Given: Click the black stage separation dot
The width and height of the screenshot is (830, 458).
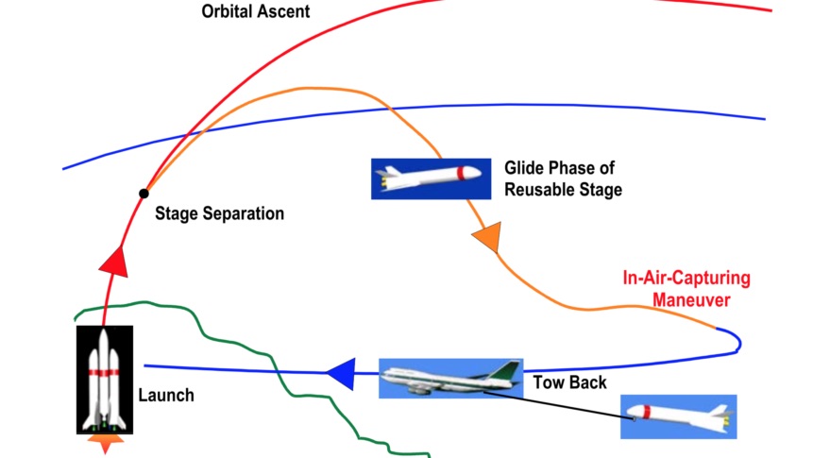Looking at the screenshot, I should [144, 194].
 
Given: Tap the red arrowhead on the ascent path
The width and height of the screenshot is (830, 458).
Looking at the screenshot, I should [114, 260].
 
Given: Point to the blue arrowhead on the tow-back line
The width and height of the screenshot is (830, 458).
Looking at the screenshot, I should [341, 375].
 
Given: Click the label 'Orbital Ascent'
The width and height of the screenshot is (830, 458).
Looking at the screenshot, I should [255, 12].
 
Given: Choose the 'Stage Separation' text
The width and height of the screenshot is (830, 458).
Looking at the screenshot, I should [219, 213].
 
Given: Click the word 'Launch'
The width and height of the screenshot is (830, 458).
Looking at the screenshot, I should [166, 395].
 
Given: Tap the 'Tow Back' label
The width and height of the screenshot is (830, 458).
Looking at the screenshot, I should [569, 382].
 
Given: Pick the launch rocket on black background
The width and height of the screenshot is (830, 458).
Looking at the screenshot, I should [104, 378].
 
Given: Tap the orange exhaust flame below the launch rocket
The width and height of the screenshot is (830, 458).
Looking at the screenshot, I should [104, 442].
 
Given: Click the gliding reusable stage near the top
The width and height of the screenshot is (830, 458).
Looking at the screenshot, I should [431, 178].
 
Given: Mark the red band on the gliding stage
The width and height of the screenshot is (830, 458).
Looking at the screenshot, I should [460, 174].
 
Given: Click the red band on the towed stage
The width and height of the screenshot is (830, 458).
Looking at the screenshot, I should [648, 413].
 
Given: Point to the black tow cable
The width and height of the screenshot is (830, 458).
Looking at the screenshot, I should [557, 400].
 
